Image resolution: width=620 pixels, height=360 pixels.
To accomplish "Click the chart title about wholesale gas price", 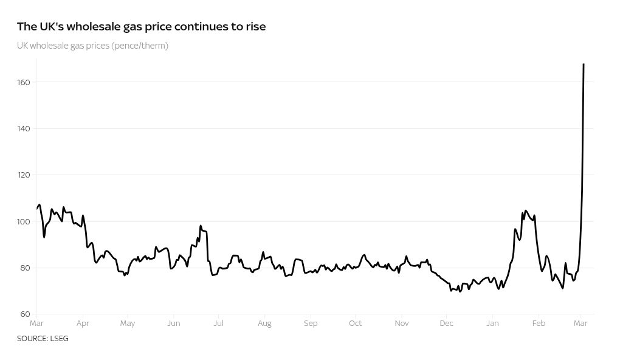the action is pos(141,27).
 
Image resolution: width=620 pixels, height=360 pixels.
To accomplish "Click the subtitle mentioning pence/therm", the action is pos(92,46).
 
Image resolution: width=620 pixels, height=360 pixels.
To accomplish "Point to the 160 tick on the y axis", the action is pos(24,82).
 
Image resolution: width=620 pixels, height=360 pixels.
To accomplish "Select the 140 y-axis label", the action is pos(24,128).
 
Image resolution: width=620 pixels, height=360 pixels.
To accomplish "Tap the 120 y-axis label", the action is pos(24,175).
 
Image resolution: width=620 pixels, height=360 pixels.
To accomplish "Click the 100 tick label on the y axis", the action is pos(24,221).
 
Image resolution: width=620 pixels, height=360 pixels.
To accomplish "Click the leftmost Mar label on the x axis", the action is pos(36,324).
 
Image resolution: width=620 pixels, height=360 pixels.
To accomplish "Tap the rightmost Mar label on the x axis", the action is pos(580,324).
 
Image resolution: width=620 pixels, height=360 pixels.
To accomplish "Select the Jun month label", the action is pos(173,324).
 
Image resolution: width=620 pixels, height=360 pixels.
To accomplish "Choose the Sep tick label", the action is pos(310,324).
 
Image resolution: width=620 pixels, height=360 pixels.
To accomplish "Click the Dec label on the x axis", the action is pos(446,324).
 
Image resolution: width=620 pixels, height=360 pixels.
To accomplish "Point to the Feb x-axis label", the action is pos(539,324).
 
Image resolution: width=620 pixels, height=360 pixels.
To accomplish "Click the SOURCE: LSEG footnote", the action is pos(43,339).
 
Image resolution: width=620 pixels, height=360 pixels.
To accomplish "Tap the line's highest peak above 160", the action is pos(584,64).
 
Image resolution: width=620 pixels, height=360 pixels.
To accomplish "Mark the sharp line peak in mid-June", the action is pos(201,226).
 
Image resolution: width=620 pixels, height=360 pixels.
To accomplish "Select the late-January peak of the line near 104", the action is pos(525,211).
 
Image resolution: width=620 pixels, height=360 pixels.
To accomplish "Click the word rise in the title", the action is pos(255,27).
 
